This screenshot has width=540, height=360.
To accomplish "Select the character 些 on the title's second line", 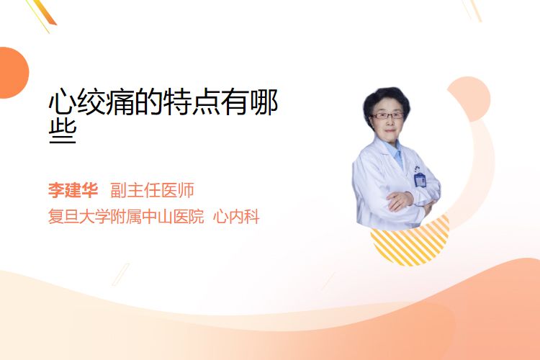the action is (63, 131).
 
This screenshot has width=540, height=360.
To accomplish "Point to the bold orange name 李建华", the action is (73, 190).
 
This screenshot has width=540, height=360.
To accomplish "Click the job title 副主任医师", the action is (152, 190).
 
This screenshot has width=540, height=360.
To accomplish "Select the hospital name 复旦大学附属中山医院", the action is (126, 217).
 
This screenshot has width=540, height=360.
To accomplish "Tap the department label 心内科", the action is (236, 217).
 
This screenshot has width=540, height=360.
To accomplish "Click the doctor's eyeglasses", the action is (387, 115).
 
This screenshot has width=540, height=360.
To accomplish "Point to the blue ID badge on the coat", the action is (420, 179).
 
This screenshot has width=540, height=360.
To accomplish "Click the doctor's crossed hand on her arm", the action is (400, 200).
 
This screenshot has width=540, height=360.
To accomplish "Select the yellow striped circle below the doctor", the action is (410, 243).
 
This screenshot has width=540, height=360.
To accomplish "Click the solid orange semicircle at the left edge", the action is (13, 73).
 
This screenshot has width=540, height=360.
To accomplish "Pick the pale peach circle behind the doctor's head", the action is (472, 99).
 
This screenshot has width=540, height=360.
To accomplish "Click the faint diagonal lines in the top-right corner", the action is (472, 9).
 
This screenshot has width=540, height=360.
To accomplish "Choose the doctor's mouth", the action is (390, 130).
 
